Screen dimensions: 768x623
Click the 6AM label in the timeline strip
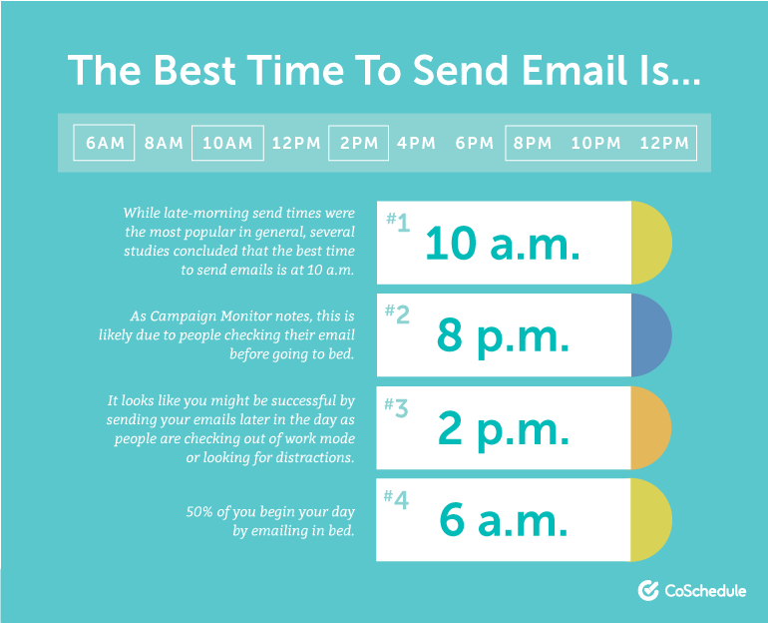[x=105, y=143]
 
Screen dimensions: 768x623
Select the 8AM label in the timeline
[x=164, y=143]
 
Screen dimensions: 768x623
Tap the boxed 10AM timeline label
[x=227, y=143]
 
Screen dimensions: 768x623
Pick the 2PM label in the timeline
[x=359, y=143]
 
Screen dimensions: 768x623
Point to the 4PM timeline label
[x=416, y=143]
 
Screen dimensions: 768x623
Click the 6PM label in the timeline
[x=474, y=143]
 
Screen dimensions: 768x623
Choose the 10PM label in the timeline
[x=596, y=143]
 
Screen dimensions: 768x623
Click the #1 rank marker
[x=398, y=222]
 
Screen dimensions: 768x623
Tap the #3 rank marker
[x=396, y=406]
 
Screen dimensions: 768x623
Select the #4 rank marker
[x=396, y=499]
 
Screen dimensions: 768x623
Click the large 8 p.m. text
[x=503, y=337]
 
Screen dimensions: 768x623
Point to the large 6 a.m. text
[x=504, y=520]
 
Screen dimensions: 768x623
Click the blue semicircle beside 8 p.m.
[x=651, y=335]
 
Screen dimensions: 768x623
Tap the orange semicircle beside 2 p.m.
[x=651, y=428]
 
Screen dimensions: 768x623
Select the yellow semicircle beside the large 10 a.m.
[x=651, y=243]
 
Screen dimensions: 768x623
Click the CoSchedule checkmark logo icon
[x=648, y=590]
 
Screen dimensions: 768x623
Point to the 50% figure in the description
[x=199, y=512]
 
